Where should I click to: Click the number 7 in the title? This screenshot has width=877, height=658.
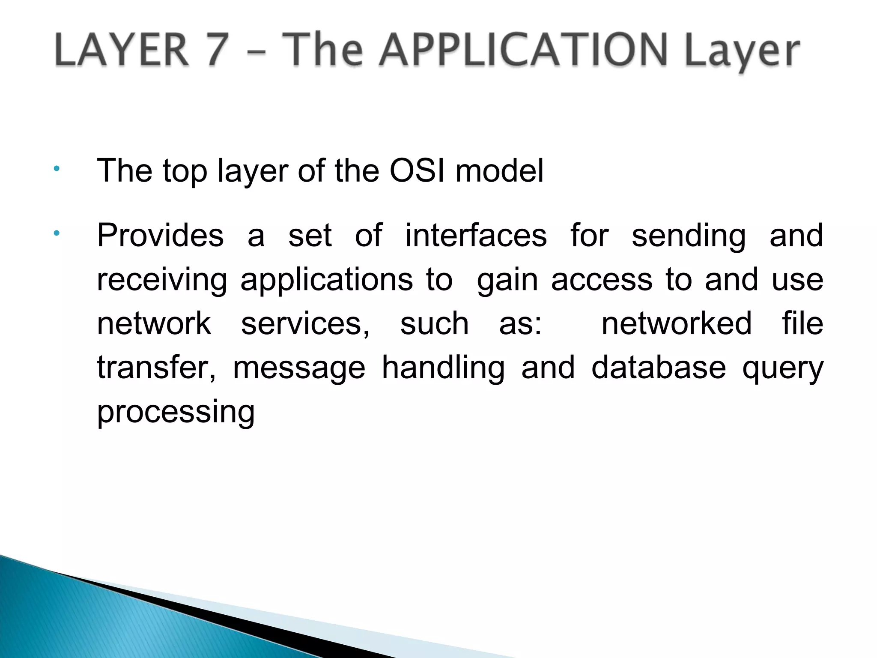pyautogui.click(x=212, y=51)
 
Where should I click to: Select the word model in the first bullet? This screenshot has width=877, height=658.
pyautogui.click(x=499, y=171)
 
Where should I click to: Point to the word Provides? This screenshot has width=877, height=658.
pyautogui.click(x=160, y=235)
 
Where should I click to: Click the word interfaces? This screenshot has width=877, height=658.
pyautogui.click(x=476, y=235)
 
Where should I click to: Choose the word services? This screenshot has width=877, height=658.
pyautogui.click(x=305, y=323)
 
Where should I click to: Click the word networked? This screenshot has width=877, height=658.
pyautogui.click(x=677, y=323)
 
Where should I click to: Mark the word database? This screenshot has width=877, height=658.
pyautogui.click(x=659, y=368)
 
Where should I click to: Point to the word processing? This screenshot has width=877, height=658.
pyautogui.click(x=176, y=412)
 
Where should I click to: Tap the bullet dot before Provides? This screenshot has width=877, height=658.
pyautogui.click(x=56, y=233)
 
